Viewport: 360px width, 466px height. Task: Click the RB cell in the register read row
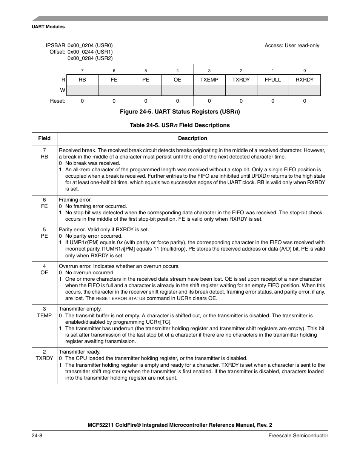pyautogui.click(x=82, y=80)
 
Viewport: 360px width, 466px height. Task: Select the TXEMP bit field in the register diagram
pyautogui.click(x=209, y=80)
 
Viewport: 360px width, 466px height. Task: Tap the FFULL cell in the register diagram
pyautogui.click(x=273, y=80)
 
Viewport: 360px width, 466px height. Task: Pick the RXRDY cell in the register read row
pyautogui.click(x=305, y=80)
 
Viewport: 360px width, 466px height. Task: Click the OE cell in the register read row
pyautogui.click(x=177, y=80)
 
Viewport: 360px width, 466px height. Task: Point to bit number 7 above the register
pyautogui.click(x=82, y=71)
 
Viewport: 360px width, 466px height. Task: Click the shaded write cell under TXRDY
pyautogui.click(x=241, y=91)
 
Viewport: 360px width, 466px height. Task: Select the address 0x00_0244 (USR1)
pyautogui.click(x=90, y=52)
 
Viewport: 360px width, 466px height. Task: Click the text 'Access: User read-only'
pyautogui.click(x=292, y=45)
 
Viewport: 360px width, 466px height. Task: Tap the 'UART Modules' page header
pyautogui.click(x=48, y=27)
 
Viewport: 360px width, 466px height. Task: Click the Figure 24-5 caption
pyautogui.click(x=180, y=112)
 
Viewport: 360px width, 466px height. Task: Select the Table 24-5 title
pyautogui.click(x=180, y=125)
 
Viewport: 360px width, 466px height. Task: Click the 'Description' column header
pyautogui.click(x=192, y=138)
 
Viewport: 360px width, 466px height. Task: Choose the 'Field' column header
pyautogui.click(x=45, y=138)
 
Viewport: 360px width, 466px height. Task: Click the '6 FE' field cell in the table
pyautogui.click(x=45, y=203)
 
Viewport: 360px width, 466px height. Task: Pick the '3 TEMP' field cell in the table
pyautogui.click(x=45, y=312)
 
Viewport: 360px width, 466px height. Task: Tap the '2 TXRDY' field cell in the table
pyautogui.click(x=45, y=355)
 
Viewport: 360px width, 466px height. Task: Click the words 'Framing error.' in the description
pyautogui.click(x=75, y=200)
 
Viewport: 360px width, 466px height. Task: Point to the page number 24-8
pyautogui.click(x=37, y=435)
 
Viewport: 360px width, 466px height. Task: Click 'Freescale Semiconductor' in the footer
pyautogui.click(x=298, y=435)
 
